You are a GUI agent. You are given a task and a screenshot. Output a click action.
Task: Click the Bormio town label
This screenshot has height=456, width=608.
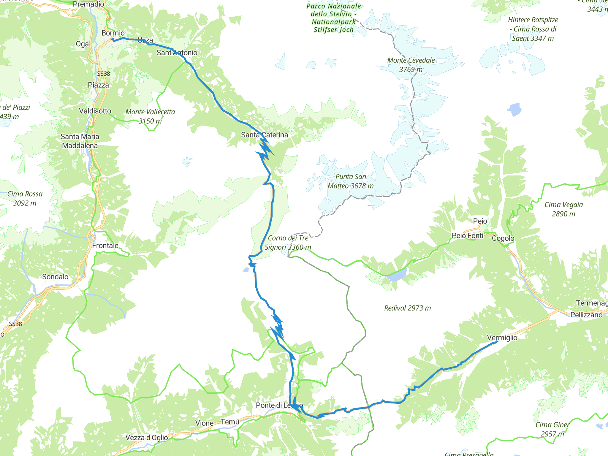pyautogui.click(x=113, y=33)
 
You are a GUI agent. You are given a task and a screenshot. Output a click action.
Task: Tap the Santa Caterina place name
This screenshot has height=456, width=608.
pyautogui.click(x=264, y=135)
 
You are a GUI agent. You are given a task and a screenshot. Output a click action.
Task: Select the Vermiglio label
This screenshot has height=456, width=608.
pyautogui.click(x=502, y=338)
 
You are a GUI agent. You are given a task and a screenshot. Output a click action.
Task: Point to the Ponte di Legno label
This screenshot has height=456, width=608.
pyautogui.click(x=279, y=405)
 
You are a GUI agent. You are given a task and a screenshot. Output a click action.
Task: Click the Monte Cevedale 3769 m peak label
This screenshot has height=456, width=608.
pyautogui.click(x=411, y=65)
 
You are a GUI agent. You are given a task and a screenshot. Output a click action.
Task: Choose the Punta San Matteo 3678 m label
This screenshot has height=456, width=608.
pyautogui.click(x=351, y=181)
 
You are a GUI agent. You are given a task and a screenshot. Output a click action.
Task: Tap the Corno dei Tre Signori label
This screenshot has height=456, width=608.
pyautogui.click(x=288, y=243)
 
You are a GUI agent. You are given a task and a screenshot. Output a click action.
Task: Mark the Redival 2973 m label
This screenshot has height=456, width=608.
pyautogui.click(x=407, y=308)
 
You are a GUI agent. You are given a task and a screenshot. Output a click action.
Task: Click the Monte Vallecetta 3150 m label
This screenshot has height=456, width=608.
pyautogui.click(x=150, y=116)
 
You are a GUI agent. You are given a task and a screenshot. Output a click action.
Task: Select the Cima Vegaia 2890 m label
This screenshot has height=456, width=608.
pyautogui.click(x=563, y=209)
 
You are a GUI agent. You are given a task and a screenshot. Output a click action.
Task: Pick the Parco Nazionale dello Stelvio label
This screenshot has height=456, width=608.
pyautogui.click(x=334, y=18)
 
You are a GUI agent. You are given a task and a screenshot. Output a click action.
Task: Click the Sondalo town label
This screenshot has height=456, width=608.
pyautogui.click(x=55, y=277)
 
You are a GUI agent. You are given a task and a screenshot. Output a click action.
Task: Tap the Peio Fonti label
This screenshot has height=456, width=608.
pyautogui.click(x=467, y=236)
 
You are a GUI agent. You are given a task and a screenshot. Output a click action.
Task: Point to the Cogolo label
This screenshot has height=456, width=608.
pyautogui.click(x=503, y=238)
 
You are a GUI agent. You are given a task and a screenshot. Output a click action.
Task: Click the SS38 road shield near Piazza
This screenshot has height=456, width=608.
pyautogui.click(x=103, y=74)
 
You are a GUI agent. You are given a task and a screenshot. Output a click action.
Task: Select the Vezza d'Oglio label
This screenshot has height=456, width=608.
pyautogui.click(x=147, y=437)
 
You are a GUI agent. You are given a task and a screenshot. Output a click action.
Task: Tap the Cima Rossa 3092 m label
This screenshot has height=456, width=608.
pyautogui.click(x=25, y=198)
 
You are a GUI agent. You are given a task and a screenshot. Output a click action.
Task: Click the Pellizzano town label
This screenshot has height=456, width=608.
pyautogui.click(x=586, y=315)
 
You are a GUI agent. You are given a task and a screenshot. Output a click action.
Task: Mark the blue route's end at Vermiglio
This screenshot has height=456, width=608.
pyautogui.click(x=497, y=342)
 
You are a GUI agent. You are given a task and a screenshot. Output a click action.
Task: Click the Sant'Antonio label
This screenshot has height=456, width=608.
pyautogui.click(x=177, y=53)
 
